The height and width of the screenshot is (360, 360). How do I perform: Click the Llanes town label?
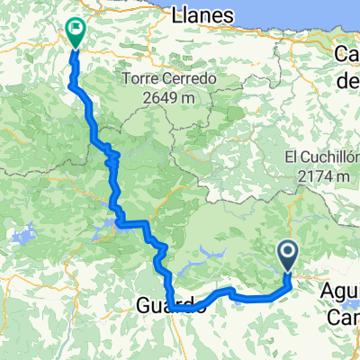[x=202, y=15]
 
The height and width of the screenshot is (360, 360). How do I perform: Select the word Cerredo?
[x=191, y=78]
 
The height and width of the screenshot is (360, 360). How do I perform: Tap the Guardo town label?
[x=175, y=306]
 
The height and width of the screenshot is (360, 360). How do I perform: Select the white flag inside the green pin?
[x=75, y=29]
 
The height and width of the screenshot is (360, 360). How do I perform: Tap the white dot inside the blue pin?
[x=289, y=252]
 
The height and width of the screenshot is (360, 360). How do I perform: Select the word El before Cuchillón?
[x=291, y=157]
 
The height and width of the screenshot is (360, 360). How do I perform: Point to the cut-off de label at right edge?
[x=348, y=82]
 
